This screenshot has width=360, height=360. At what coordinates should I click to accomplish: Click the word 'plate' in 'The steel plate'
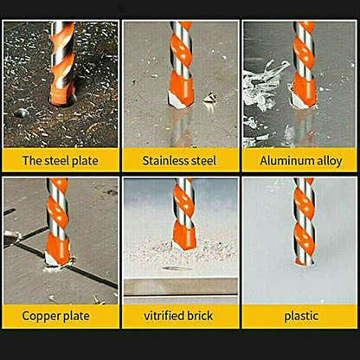pos(85,161)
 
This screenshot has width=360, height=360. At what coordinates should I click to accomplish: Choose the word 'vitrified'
pos(164,316)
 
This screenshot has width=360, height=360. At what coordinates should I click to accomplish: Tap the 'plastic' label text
pos(301,317)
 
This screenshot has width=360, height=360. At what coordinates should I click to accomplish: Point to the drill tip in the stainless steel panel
pos(179,101)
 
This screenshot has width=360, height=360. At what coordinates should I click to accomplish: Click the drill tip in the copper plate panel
pos(57,260)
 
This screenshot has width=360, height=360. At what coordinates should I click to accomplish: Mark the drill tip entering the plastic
pos(304,260)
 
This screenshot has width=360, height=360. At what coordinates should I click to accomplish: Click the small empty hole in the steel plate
pos(21,113)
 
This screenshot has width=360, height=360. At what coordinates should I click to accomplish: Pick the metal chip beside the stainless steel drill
pos(210,99)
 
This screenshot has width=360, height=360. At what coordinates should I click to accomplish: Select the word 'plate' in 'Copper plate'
pos(76,317)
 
